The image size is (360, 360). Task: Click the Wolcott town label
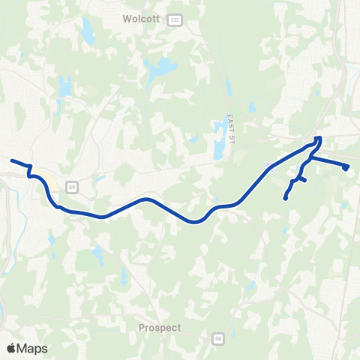tap(141, 20)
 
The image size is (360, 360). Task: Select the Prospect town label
tap(160, 328)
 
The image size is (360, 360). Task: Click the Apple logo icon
tap(11, 348)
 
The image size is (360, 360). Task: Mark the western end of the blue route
tap(11, 160)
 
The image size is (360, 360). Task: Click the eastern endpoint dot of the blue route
tap(346, 168)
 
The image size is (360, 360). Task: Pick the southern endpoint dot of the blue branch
tap(286, 198)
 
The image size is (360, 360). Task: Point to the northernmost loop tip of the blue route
tap(319, 138)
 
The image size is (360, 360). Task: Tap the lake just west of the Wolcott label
tap(88, 31)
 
